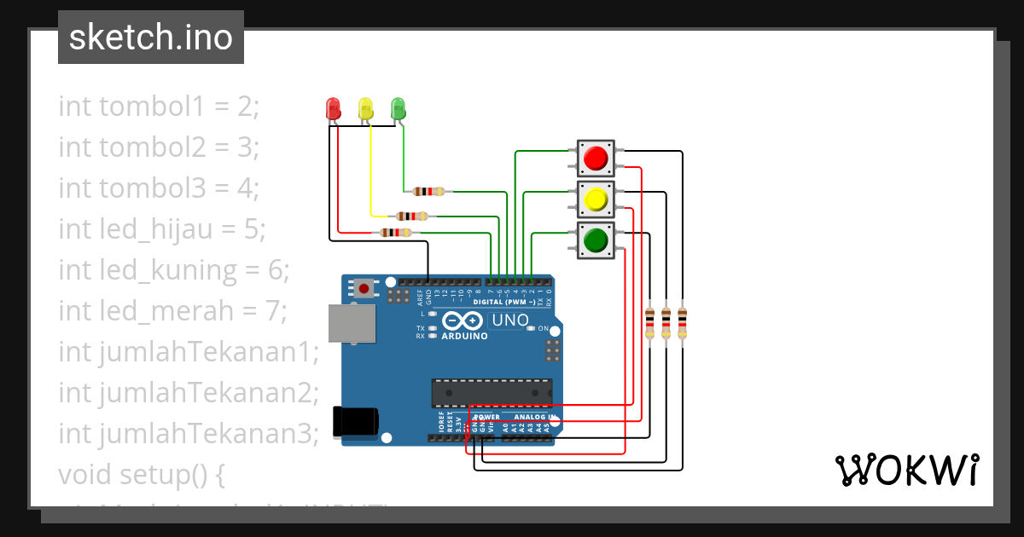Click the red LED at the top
334,108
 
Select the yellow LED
366,108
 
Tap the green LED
398,108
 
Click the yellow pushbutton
596,200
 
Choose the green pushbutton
596,240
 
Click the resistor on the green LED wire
427,192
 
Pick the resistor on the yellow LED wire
411,217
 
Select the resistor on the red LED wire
395,232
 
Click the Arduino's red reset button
365,288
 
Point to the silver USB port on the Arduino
352,324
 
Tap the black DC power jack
357,422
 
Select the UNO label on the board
509,320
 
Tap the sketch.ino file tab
151,38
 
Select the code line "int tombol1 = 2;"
158,107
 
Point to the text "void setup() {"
141,474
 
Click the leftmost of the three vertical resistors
650,323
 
